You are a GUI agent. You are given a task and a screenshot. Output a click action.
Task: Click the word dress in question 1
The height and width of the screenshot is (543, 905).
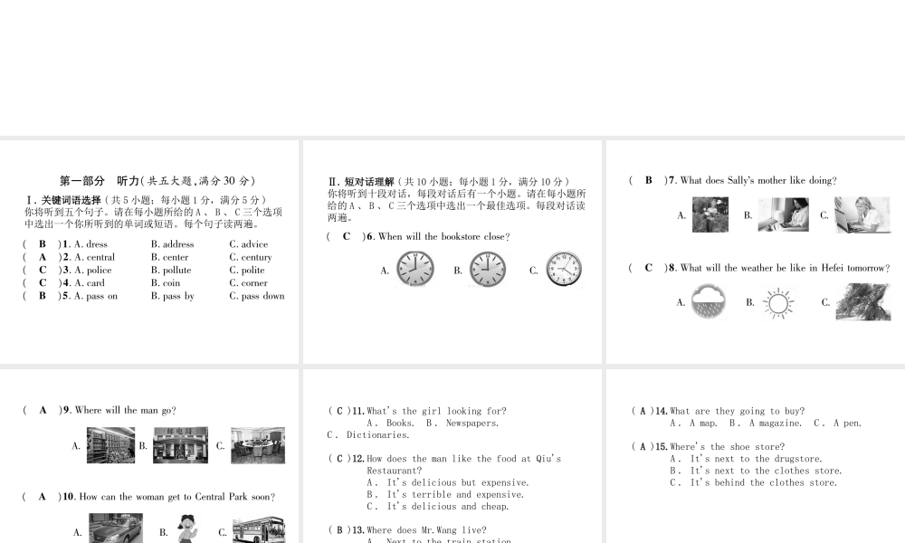[97, 244]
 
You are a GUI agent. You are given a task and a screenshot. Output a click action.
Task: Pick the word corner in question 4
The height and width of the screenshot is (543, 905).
[254, 283]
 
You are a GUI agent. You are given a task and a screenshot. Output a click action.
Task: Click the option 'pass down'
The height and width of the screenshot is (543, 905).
[262, 296]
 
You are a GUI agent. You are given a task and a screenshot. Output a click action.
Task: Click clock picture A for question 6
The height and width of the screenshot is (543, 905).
[415, 270]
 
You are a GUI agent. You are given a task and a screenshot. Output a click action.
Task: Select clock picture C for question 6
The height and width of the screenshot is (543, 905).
[564, 270]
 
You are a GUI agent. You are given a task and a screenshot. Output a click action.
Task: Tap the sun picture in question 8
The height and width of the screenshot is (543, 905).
[777, 303]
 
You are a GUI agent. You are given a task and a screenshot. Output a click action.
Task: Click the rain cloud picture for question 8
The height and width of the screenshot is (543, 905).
[709, 302]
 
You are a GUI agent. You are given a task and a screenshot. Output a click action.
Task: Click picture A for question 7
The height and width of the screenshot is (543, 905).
[710, 215]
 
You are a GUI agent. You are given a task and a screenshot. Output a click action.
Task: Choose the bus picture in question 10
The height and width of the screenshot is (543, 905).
[258, 530]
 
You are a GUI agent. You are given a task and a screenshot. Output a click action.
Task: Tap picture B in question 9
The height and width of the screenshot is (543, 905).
[180, 445]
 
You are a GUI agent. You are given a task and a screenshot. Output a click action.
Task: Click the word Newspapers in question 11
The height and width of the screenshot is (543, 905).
[472, 423]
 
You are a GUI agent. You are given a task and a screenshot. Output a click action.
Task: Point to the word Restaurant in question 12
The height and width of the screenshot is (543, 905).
[395, 471]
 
